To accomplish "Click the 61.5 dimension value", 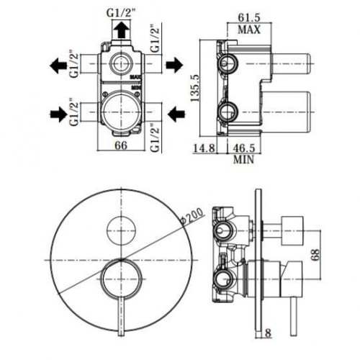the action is click(249, 17).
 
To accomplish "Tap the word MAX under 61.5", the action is click(249, 30).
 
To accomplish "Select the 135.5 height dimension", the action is click(194, 88).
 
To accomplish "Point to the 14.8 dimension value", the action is click(204, 148).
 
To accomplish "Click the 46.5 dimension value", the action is click(243, 148).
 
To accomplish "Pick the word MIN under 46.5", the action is click(243, 160).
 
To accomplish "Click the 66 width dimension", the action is click(121, 145).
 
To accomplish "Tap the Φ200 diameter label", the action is click(192, 217).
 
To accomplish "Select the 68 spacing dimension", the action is click(315, 255).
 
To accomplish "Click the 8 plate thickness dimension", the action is click(268, 333).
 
